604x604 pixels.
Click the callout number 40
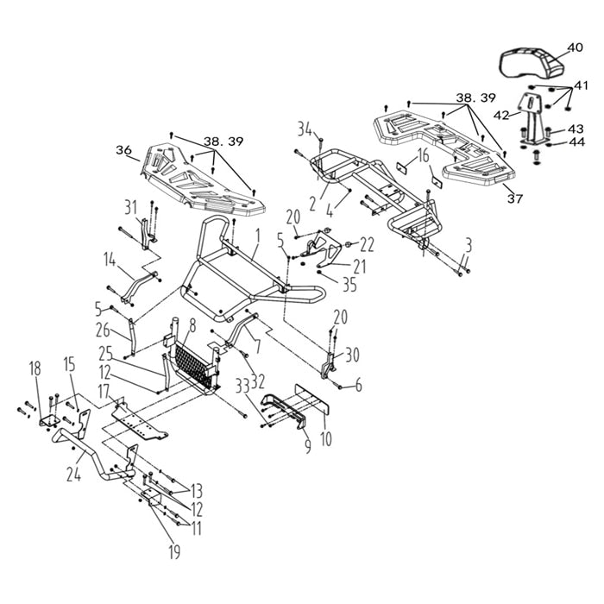tap(576, 47)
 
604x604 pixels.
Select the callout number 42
tap(501, 115)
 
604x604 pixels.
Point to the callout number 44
tap(577, 142)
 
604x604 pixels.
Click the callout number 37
tap(515, 198)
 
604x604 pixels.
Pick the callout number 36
tap(123, 150)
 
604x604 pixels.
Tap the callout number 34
tap(305, 129)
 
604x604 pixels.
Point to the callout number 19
tap(174, 552)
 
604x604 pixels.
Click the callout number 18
tap(35, 368)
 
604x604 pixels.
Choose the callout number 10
tap(326, 438)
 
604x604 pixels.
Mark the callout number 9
tap(308, 445)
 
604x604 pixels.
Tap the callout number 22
tap(367, 245)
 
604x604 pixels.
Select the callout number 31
tap(131, 208)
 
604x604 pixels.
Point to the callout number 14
tap(110, 261)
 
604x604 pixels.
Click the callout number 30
tap(352, 355)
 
